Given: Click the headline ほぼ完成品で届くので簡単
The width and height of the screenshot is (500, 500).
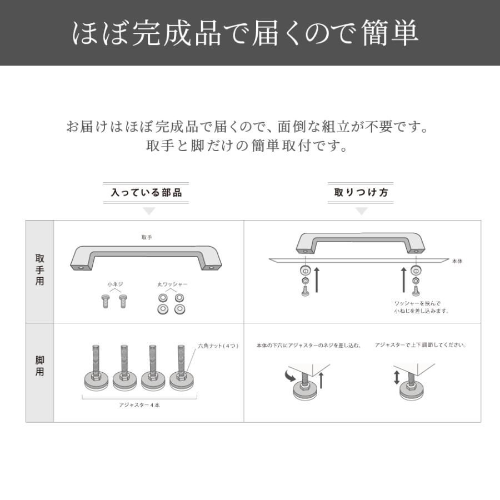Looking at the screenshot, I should (246, 33).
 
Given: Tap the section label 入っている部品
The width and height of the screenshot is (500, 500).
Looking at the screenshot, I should (146, 193).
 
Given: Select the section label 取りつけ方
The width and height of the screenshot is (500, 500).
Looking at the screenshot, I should (361, 193).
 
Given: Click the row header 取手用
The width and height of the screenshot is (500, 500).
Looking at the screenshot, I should (40, 271).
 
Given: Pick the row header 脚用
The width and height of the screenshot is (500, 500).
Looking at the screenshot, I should (40, 366).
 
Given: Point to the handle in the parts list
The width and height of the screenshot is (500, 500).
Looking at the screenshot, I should (147, 256).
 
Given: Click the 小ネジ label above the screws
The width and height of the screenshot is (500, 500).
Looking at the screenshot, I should (115, 284).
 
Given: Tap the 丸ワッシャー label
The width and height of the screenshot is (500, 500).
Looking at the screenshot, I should (172, 284).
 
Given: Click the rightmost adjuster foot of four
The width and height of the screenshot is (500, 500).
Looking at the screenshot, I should (181, 370).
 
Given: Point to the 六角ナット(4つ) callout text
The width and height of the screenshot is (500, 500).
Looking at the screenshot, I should (218, 346).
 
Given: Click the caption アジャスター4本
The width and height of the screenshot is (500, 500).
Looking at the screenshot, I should (139, 405).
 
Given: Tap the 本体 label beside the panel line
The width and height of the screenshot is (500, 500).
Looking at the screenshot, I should (457, 261).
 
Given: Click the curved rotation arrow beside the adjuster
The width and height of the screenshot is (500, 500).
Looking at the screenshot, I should (290, 376).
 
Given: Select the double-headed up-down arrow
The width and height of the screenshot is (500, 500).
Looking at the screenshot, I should (396, 378).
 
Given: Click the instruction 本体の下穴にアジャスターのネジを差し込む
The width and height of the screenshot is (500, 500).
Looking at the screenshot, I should (308, 345).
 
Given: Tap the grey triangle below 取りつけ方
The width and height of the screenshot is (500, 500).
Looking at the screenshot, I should (362, 211).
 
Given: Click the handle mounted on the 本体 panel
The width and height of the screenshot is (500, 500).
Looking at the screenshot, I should (360, 243).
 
